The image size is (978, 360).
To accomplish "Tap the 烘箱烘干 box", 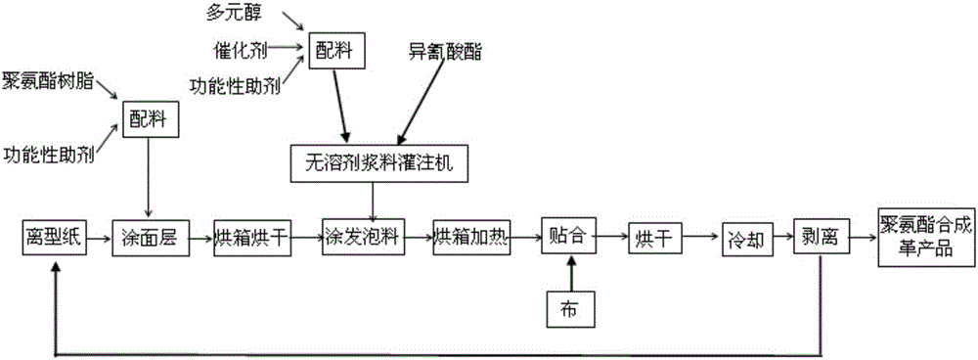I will click(x=252, y=237).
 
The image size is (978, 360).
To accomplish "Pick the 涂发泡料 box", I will click(x=361, y=237).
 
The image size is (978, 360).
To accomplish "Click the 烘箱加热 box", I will click(x=472, y=237).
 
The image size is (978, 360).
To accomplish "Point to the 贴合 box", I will click(x=569, y=237).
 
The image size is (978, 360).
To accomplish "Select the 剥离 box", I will click(x=822, y=237).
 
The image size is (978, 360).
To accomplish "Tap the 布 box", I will click(x=569, y=307).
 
